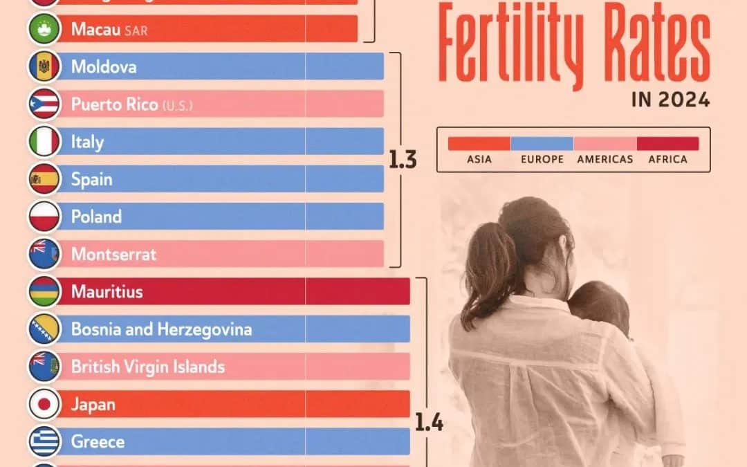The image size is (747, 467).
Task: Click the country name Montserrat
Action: [x=113, y=255]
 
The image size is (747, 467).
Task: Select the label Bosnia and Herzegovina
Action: [x=161, y=329]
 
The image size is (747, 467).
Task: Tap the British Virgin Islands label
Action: [x=147, y=367]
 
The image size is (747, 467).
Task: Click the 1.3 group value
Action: [x=402, y=161]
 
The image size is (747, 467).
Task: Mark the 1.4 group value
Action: [x=429, y=421]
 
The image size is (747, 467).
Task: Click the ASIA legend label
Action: [x=479, y=159]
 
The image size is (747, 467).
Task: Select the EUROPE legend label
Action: [x=542, y=159]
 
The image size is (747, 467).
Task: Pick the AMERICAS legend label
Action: [x=605, y=159]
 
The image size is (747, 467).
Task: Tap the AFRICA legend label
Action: [x=667, y=159]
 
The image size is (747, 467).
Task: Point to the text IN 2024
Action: [x=670, y=100]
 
